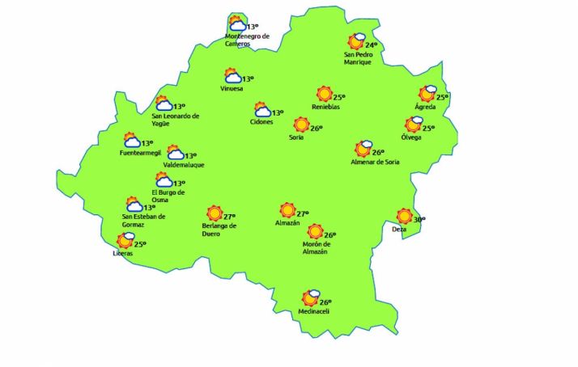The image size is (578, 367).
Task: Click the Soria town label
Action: (296, 138)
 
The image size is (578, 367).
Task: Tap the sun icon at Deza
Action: (404, 216)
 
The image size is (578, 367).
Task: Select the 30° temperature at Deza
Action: (419, 219)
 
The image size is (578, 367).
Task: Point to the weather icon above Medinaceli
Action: (311, 298)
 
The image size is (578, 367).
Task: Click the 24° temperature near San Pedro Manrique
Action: (372, 45)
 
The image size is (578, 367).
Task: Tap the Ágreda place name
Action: (426, 107)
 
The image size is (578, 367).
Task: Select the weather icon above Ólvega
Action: (414, 124)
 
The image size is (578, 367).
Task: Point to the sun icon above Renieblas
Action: (325, 94)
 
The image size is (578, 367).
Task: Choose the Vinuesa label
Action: (232, 89)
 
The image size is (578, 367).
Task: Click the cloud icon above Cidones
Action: (262, 110)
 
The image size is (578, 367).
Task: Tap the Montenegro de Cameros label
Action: (248, 40)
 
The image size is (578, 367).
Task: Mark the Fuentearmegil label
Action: (140, 153)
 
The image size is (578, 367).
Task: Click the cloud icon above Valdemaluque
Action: (175, 153)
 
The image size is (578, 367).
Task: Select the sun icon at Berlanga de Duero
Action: (215, 213)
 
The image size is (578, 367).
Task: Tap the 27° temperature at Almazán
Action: (303, 213)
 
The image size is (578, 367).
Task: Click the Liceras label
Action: (123, 254)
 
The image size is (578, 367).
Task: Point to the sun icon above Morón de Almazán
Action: (315, 232)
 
